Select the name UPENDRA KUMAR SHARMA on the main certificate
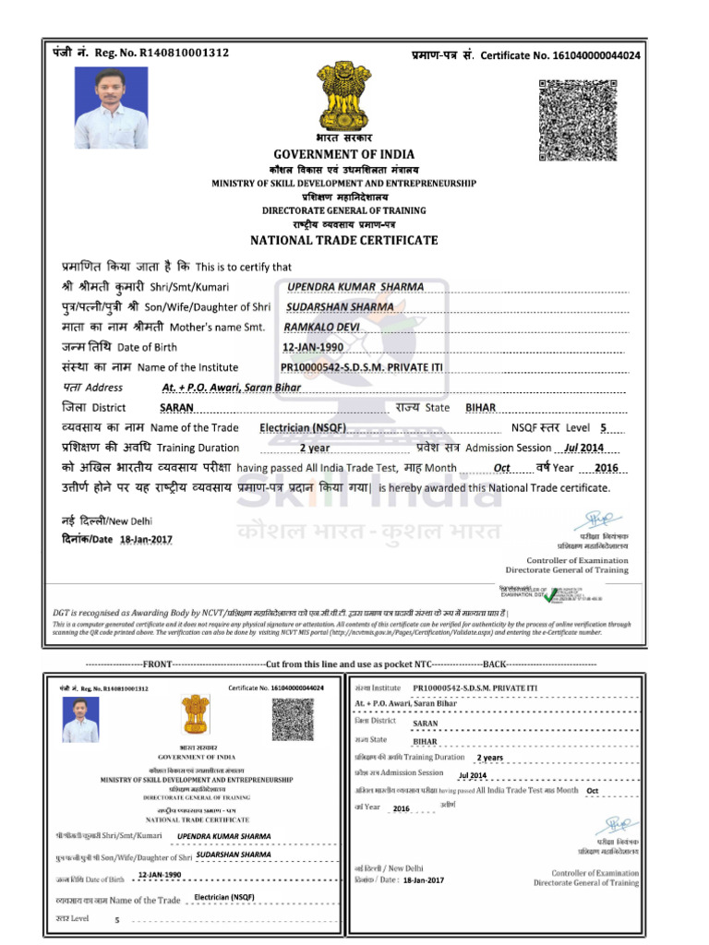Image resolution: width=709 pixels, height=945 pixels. click(355, 286)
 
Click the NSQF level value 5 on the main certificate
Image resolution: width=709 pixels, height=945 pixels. click(604, 428)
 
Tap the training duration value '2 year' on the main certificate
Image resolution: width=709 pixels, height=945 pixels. click(314, 448)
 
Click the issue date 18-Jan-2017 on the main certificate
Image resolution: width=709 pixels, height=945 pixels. click(146, 539)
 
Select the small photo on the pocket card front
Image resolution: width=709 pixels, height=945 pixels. click(81, 720)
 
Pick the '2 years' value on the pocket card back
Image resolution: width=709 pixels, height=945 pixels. click(489, 758)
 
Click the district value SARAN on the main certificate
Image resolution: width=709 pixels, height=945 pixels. click(176, 408)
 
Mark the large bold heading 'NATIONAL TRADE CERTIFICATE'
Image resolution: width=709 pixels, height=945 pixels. click(343, 241)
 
